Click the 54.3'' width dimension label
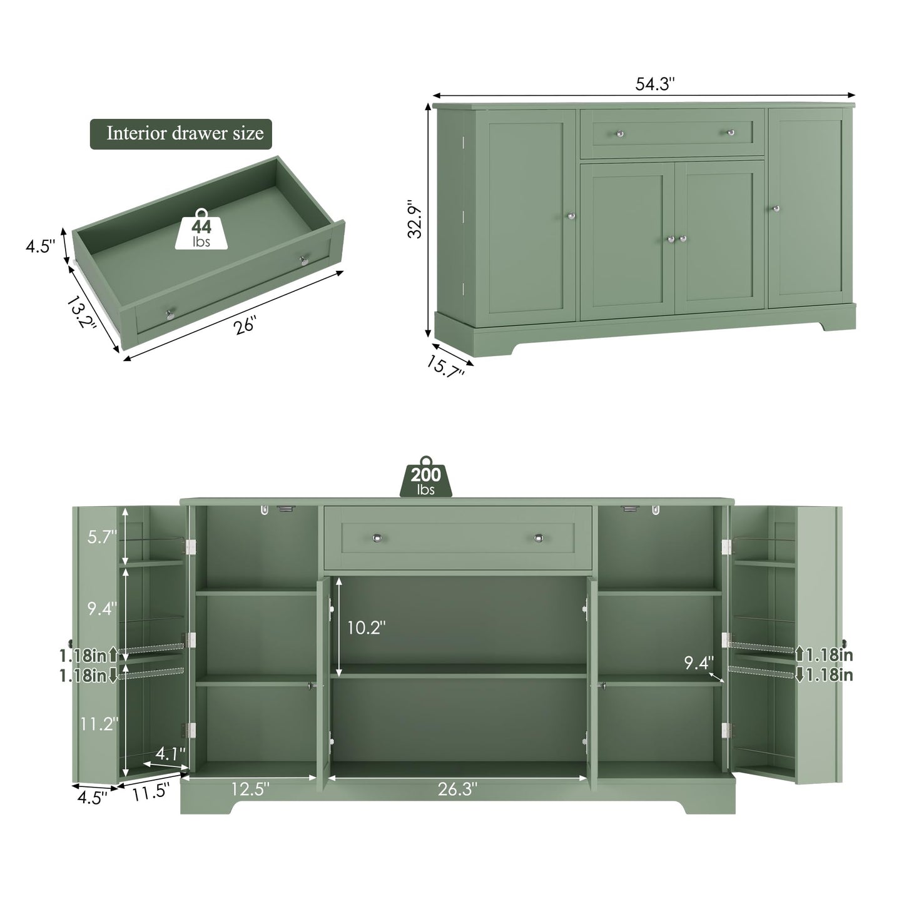[655, 84]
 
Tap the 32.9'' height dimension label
[415, 219]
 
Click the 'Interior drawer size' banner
[181, 134]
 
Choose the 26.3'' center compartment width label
[457, 789]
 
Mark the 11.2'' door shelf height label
[99, 723]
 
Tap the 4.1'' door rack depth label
[170, 754]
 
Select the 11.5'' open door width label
[151, 792]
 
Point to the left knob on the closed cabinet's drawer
[620, 133]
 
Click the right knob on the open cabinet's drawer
[539, 538]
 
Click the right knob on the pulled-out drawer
[304, 260]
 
